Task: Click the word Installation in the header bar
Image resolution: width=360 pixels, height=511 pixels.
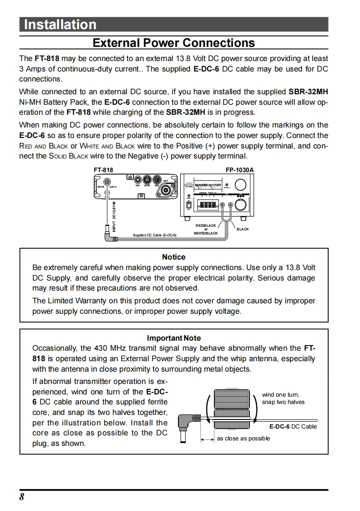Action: pyautogui.click(x=60, y=24)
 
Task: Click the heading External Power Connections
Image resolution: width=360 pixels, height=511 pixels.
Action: pyautogui.click(x=174, y=43)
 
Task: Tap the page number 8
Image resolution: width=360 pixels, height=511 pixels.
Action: pyautogui.click(x=22, y=497)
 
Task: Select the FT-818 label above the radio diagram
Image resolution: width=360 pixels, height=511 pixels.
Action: pyautogui.click(x=103, y=170)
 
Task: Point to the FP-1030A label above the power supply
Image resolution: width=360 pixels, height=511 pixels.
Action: pyautogui.click(x=239, y=170)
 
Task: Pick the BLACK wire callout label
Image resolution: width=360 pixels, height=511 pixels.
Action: pyautogui.click(x=243, y=229)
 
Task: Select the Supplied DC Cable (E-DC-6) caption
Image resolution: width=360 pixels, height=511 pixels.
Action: pyautogui.click(x=154, y=235)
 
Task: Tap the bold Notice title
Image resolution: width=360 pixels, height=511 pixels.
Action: pyautogui.click(x=173, y=257)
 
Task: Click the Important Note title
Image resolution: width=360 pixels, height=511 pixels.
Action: pyautogui.click(x=173, y=338)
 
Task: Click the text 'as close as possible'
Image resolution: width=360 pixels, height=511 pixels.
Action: pyautogui.click(x=243, y=438)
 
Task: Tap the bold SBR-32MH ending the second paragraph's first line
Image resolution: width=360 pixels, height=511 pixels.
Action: pyautogui.click(x=308, y=92)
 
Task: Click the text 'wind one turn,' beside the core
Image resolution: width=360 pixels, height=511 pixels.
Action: pyautogui.click(x=281, y=395)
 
